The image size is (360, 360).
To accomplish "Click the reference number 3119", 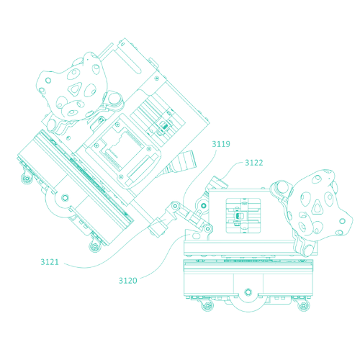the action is point(221,144).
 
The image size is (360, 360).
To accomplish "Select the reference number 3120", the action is point(128,281).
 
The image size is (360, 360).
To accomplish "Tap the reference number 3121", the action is point(50,262).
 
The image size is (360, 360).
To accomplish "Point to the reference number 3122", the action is point(253,163).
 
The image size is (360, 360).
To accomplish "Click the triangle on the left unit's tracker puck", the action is point(75,89).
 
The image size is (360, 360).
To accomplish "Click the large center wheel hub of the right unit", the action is point(248,292).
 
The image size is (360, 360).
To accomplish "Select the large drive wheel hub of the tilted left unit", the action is point(65,198).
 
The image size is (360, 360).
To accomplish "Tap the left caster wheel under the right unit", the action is point(207,306).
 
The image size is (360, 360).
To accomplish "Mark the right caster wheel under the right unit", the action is point(304,306).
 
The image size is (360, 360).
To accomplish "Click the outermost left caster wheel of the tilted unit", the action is point(27,179).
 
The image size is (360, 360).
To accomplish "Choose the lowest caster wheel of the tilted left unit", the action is point(95,246).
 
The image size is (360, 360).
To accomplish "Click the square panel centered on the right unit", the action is point(243,215).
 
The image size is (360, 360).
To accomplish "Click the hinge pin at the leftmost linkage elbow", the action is point(175,206).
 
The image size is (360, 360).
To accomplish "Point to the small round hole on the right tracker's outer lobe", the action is point(343,221).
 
